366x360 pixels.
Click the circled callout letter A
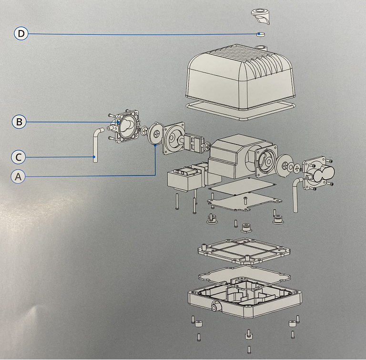point(18,176)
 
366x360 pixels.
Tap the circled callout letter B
point(19,122)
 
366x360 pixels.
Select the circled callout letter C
point(18,156)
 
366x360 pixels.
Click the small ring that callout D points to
point(260,34)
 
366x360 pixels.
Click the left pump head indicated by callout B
point(125,126)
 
